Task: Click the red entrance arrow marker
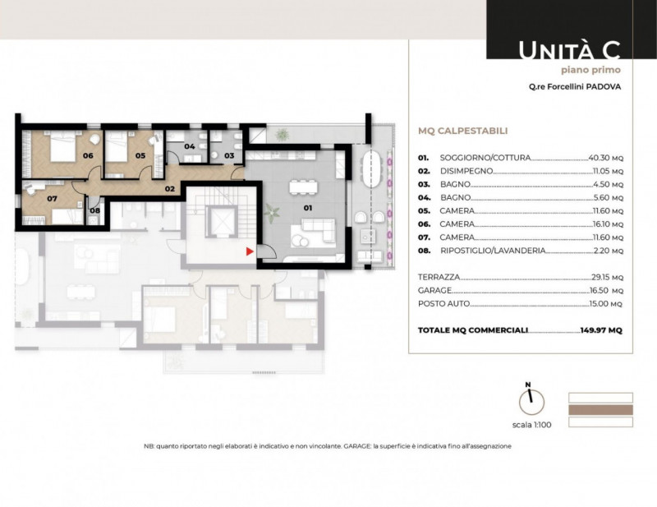(250, 251)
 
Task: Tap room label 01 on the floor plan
(308, 208)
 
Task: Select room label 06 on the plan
(88, 155)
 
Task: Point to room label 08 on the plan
(95, 210)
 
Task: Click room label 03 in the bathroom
(229, 155)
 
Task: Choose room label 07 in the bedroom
(52, 198)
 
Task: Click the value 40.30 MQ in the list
(606, 158)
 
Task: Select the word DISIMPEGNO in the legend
(466, 171)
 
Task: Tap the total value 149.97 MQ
(601, 330)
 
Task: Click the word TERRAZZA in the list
(439, 277)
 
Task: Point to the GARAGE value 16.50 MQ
(606, 290)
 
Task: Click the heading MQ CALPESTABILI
(463, 131)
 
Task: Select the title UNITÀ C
(569, 50)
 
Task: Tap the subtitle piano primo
(590, 70)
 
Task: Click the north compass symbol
(531, 399)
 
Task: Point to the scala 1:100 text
(531, 425)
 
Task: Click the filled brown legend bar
(600, 410)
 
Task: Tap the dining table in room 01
(303, 187)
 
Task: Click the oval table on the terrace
(372, 169)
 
